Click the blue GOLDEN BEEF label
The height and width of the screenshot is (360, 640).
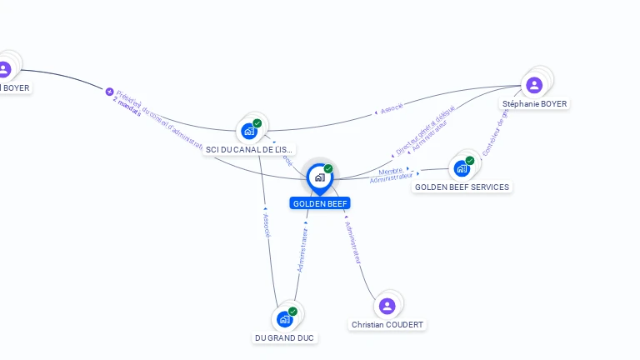320,203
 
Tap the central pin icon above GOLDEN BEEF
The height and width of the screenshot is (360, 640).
319,177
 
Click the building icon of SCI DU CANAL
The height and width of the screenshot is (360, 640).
249,131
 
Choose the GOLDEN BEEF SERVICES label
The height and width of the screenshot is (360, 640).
462,187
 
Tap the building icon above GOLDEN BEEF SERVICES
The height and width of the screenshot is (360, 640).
461,168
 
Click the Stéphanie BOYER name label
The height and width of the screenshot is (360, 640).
534,104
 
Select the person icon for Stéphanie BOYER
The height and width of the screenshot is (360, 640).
534,84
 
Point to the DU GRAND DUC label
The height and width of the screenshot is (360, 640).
284,337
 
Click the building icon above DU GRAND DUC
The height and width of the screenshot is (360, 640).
284,318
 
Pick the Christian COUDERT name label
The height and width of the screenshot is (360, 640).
387,324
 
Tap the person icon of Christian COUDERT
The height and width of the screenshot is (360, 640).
387,306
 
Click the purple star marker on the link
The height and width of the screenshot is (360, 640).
109,92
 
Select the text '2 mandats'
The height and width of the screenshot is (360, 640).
127,107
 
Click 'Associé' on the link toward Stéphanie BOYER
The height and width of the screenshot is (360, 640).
391,107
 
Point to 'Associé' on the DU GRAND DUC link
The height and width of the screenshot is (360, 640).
266,226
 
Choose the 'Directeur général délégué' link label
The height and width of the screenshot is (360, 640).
425,129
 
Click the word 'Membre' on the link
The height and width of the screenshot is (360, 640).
390,171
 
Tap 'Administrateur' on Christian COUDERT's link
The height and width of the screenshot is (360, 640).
352,243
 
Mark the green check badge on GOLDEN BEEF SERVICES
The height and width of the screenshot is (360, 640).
470,160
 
